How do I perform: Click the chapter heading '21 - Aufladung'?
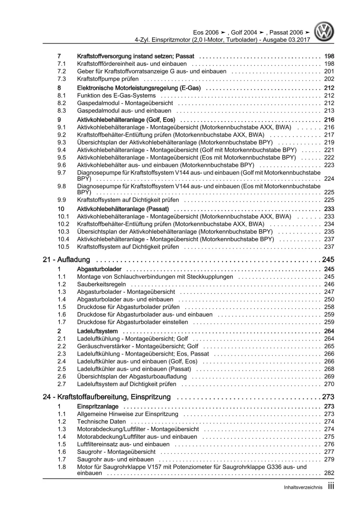click(x=66, y=259)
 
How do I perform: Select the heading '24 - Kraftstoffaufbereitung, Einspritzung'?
click(x=106, y=397)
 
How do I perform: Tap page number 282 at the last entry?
click(x=329, y=473)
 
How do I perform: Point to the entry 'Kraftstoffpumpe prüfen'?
click(x=108, y=79)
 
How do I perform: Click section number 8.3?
click(x=62, y=111)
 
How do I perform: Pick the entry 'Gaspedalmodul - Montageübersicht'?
click(x=125, y=103)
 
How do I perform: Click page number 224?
click(x=329, y=179)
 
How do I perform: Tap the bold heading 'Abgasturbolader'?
click(x=99, y=269)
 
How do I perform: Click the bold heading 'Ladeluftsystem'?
click(x=97, y=331)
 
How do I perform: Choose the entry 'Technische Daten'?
click(x=101, y=421)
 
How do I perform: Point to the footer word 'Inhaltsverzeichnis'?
click(x=303, y=487)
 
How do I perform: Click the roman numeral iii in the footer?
click(x=331, y=486)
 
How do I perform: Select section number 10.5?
click(x=63, y=247)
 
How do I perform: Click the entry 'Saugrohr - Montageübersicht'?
click(x=116, y=452)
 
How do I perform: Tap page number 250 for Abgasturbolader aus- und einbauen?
click(x=329, y=299)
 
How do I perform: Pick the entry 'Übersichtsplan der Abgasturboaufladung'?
click(x=132, y=376)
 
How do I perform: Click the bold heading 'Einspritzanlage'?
click(x=98, y=406)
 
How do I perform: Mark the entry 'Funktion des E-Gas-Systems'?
click(x=116, y=95)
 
